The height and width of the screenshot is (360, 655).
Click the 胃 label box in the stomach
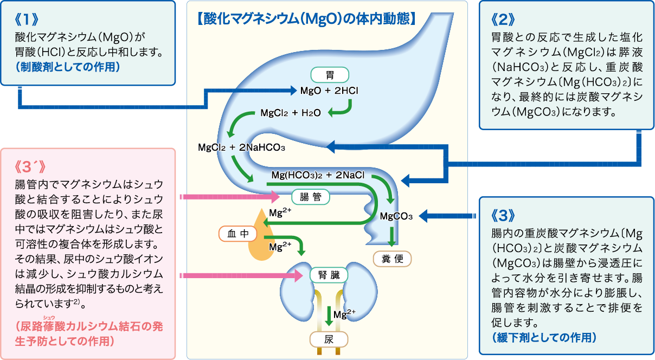point(329,74)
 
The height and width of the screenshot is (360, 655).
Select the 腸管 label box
point(310,196)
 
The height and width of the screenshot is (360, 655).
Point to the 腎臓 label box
point(329,275)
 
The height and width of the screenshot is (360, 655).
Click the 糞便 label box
point(393,259)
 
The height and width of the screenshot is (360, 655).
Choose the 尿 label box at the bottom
point(329,340)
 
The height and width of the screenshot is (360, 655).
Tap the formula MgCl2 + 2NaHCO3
point(241,147)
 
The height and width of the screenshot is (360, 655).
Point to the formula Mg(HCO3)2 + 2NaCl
point(317,175)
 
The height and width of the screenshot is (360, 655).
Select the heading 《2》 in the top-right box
point(501,20)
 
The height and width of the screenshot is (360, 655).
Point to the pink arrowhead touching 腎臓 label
point(298,276)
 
